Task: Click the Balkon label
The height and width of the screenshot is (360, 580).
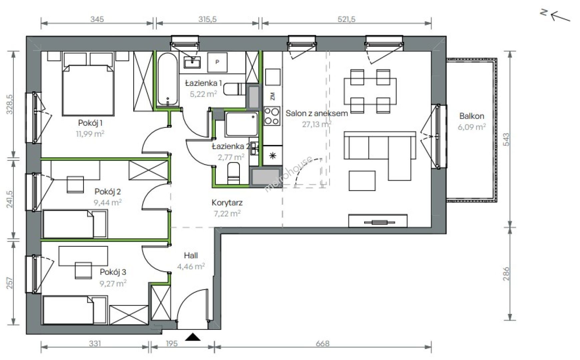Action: pos(472,116)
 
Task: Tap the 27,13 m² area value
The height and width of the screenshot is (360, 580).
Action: pos(317,124)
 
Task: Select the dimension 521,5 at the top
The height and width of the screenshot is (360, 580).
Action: pos(347,19)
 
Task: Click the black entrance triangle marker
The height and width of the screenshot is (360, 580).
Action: pos(193,337)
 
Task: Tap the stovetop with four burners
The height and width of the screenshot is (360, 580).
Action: pos(272,116)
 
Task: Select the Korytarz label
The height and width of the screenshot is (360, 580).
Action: pos(227,202)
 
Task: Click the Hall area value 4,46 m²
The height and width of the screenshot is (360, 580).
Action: pos(190,266)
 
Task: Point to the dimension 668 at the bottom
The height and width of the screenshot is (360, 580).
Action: pos(323,344)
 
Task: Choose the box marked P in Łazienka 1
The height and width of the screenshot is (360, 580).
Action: pos(217,62)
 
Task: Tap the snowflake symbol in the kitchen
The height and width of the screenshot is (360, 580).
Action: pos(272,155)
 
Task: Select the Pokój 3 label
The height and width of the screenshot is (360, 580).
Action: pos(113,272)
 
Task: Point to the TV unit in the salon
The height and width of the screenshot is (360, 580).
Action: pos(378,221)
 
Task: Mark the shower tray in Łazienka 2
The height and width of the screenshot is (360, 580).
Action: pos(241,124)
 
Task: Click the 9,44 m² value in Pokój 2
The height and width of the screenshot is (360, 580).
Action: pos(107,202)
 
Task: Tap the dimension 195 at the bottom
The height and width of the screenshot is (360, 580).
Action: pos(171,344)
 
